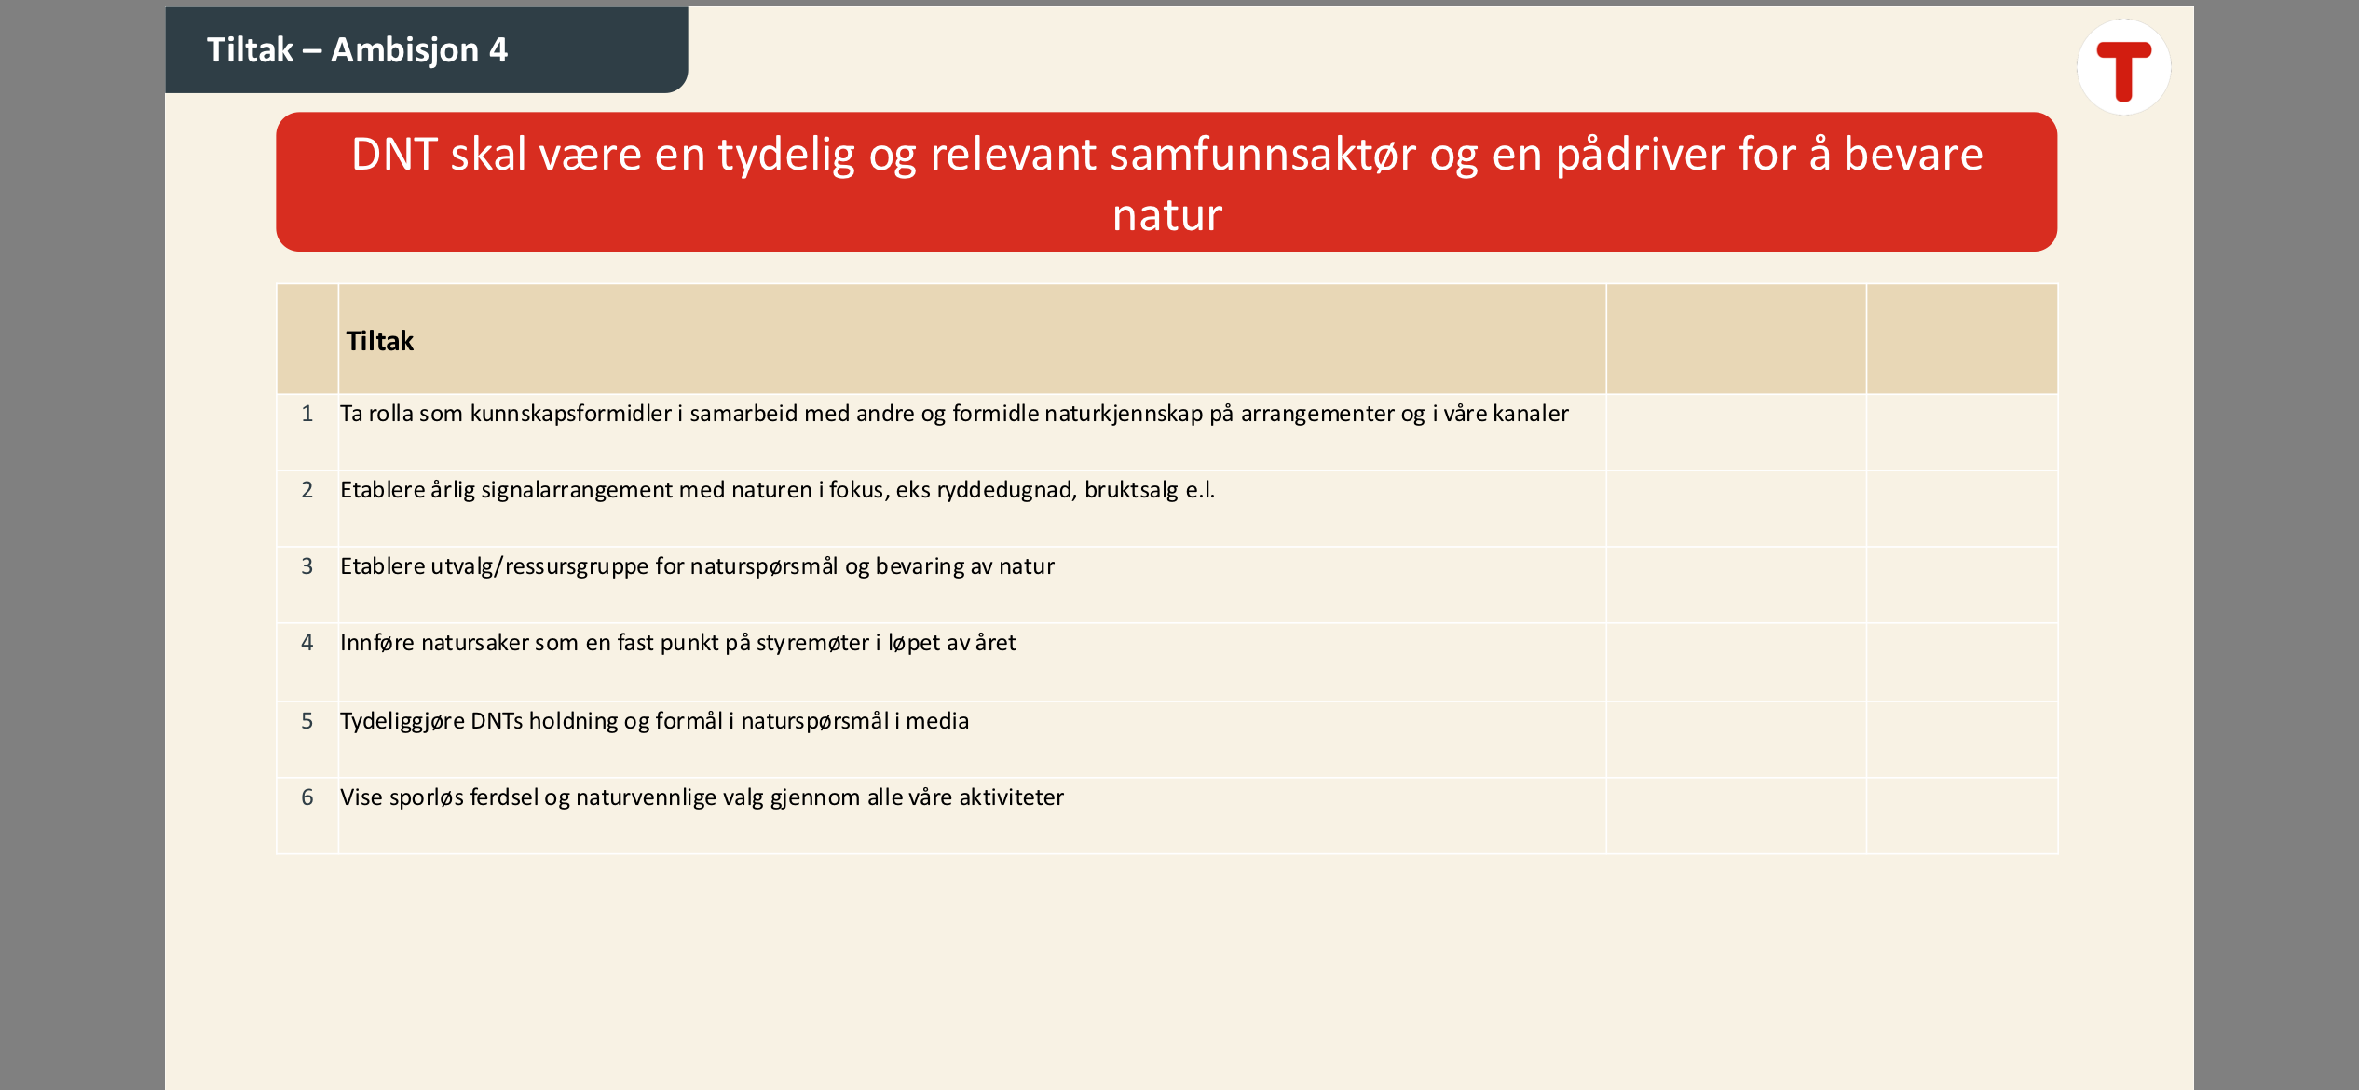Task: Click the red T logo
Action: (2124, 69)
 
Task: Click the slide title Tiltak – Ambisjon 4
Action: (357, 49)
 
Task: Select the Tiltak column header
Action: (379, 341)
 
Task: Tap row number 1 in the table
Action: (307, 413)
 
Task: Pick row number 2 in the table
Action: (307, 489)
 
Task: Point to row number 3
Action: (307, 565)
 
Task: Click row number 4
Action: (307, 642)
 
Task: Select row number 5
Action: (307, 720)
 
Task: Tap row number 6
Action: (307, 797)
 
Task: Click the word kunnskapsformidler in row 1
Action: (570, 414)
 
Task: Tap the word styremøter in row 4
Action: (812, 643)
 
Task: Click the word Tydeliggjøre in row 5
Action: (402, 721)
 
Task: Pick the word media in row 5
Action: (937, 721)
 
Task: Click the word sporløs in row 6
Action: (426, 797)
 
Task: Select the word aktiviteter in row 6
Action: (1011, 797)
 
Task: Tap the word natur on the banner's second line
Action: (1167, 215)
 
